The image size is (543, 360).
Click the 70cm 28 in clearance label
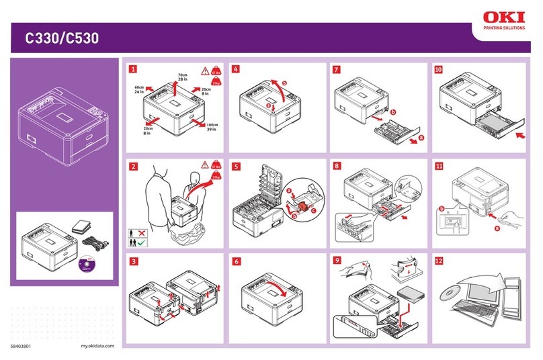pyautogui.click(x=181, y=77)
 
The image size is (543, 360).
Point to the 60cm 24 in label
pyautogui.click(x=140, y=90)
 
